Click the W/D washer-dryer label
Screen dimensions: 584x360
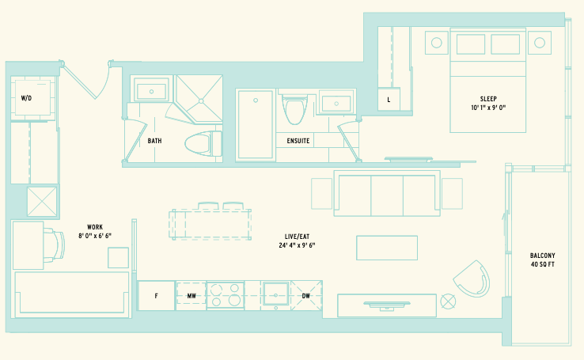[x=26, y=98]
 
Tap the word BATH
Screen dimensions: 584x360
[x=154, y=141]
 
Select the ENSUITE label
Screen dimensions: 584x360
[x=298, y=141]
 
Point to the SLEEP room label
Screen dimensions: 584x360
[x=488, y=99]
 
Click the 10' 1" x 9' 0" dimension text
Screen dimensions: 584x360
[x=488, y=108]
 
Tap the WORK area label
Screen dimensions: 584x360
[x=95, y=227]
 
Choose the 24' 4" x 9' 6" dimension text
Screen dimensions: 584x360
[x=298, y=245]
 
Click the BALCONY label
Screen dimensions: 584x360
[x=543, y=256]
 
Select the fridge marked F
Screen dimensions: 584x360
[x=156, y=296]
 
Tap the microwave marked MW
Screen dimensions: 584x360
[x=191, y=296]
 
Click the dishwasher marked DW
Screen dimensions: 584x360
[x=306, y=296]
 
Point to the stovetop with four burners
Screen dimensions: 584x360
[x=226, y=295]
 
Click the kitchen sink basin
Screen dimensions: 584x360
[x=275, y=295]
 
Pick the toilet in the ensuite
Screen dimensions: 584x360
[x=295, y=109]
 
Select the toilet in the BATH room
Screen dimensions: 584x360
[x=203, y=143]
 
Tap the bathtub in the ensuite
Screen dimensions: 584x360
[x=256, y=125]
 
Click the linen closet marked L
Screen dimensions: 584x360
[x=389, y=100]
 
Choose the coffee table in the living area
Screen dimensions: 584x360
[x=387, y=248]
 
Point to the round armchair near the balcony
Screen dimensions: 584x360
[x=472, y=279]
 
